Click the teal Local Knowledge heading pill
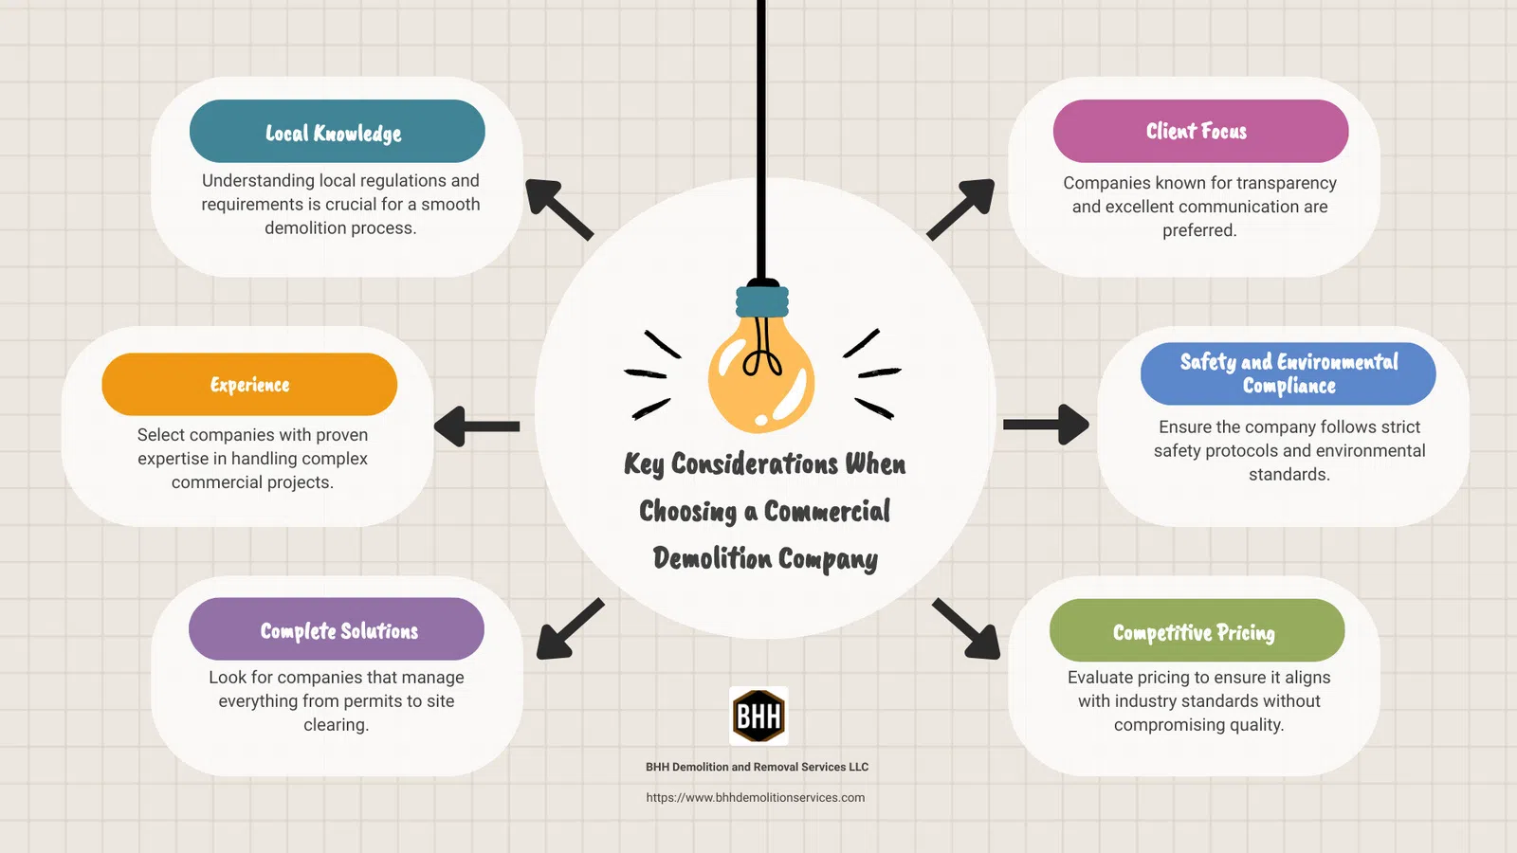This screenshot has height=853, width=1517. [338, 131]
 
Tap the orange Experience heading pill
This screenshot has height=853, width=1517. [249, 384]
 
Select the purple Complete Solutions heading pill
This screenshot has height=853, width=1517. [337, 629]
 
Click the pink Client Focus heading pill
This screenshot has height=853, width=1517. [1200, 131]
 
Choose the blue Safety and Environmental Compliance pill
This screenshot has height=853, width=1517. [1289, 373]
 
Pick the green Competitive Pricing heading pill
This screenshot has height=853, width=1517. [1197, 630]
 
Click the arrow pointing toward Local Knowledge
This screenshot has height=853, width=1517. [559, 209]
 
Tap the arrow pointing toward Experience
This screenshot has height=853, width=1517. [477, 426]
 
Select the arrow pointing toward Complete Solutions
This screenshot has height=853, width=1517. [570, 629]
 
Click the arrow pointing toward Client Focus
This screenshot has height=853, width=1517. [960, 209]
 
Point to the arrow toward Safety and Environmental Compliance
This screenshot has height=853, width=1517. [1047, 425]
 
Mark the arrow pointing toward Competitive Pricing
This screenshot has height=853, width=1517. [966, 629]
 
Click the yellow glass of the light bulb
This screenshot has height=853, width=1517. [761, 374]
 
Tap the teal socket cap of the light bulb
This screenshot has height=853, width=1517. [762, 301]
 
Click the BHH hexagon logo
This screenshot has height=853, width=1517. [758, 717]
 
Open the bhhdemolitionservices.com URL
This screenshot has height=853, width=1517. [755, 797]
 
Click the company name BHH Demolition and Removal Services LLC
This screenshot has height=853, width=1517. [757, 767]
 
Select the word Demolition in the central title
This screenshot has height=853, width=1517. [712, 558]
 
